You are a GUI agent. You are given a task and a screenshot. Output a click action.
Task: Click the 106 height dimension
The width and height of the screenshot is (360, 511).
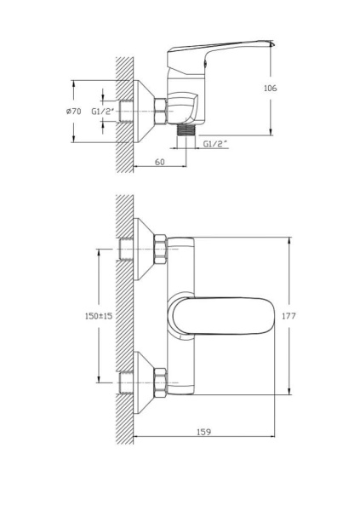[271, 88]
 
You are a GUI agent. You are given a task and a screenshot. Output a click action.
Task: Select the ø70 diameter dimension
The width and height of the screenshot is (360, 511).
[74, 111]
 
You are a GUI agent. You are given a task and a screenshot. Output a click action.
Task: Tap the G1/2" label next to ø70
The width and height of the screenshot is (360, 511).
[102, 111]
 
